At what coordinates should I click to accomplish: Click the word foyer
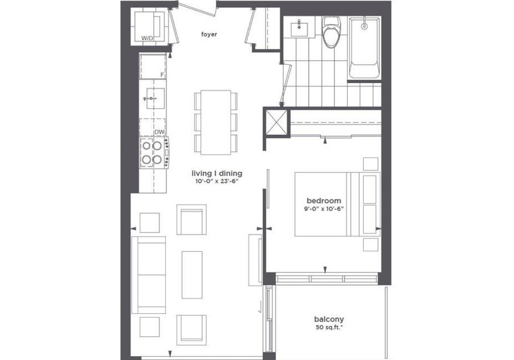pyautogui.click(x=209, y=34)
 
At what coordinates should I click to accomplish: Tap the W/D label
pyautogui.click(x=147, y=38)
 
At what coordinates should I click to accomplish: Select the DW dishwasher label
pyautogui.click(x=159, y=132)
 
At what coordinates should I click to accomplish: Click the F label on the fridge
pyautogui.click(x=162, y=75)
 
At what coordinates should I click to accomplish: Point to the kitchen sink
pyautogui.click(x=155, y=98)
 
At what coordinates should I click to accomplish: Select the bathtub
pyautogui.click(x=364, y=48)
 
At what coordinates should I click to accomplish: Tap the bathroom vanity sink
pyautogui.click(x=299, y=27)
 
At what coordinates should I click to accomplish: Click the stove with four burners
pyautogui.click(x=155, y=153)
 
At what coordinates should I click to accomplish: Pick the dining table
pyautogui.click(x=216, y=122)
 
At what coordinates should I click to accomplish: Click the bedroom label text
pyautogui.click(x=324, y=201)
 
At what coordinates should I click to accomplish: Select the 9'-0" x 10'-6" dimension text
pyautogui.click(x=324, y=209)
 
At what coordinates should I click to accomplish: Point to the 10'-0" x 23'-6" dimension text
pyautogui.click(x=216, y=181)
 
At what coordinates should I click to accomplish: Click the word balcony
pyautogui.click(x=329, y=319)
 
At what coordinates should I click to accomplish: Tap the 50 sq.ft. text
pyautogui.click(x=329, y=327)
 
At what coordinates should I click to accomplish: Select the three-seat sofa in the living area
pyautogui.click(x=149, y=275)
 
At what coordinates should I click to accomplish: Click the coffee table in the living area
pyautogui.click(x=192, y=275)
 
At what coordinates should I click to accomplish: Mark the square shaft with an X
pyautogui.click(x=276, y=122)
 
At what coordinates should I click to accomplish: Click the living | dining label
pyautogui.click(x=217, y=173)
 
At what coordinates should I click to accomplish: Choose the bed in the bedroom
pyautogui.click(x=337, y=204)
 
